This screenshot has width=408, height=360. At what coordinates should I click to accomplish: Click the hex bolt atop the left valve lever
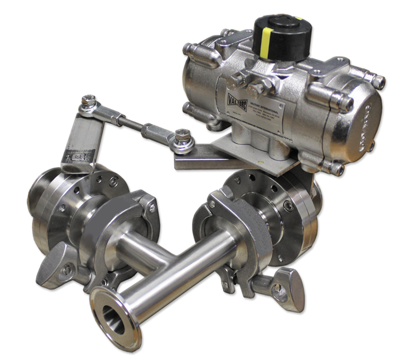tap(90, 99)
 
